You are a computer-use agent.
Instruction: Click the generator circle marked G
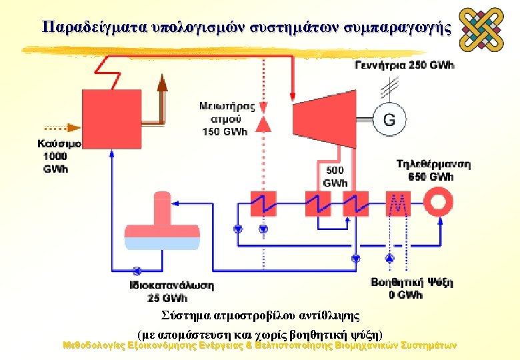click(x=389, y=119)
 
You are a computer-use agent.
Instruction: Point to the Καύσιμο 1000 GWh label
click(x=58, y=156)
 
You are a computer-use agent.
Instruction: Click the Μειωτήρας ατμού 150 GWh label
click(x=227, y=118)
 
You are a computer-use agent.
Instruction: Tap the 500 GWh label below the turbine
click(x=335, y=177)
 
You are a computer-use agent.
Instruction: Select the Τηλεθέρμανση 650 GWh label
click(x=433, y=170)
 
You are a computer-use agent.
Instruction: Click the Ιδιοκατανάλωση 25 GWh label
click(x=171, y=291)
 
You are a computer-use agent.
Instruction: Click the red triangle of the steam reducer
click(x=263, y=123)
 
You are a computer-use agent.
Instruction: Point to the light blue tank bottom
click(x=164, y=244)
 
